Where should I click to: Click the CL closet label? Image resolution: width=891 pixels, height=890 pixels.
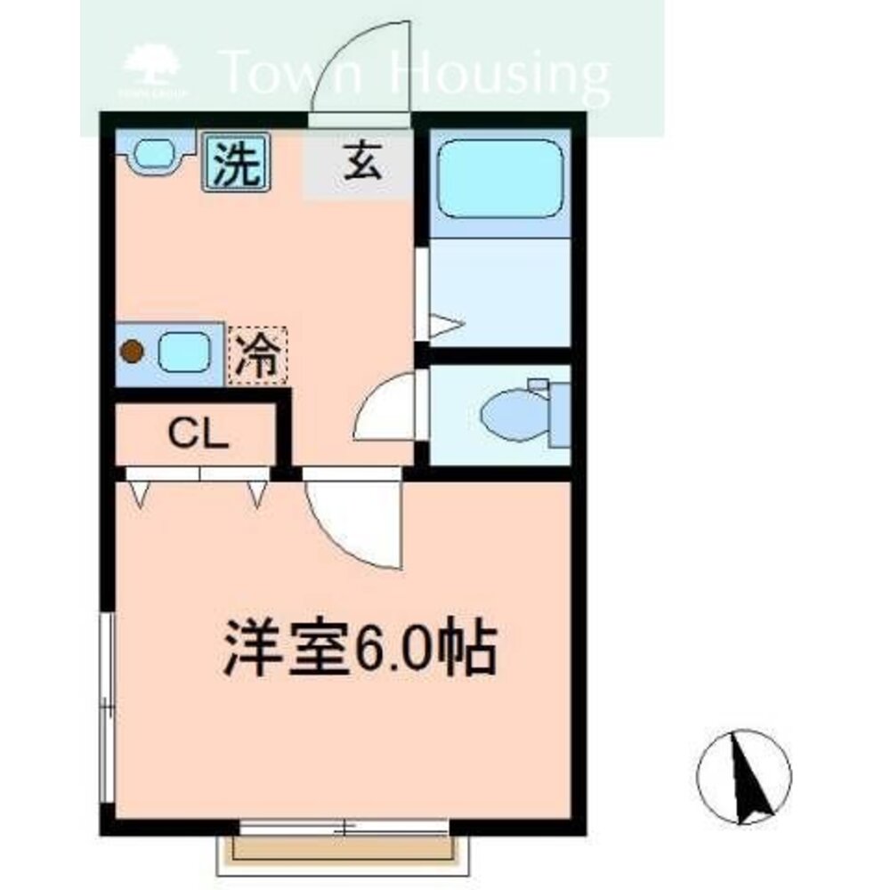click(199, 435)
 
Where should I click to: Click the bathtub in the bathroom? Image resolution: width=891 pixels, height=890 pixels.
click(501, 178)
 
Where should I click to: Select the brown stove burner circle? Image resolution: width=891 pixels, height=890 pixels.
click(132, 352)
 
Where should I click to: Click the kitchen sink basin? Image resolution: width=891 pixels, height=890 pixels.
click(183, 352)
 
